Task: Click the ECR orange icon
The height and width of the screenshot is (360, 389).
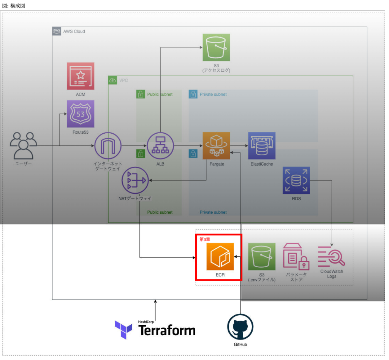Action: pos(220,257)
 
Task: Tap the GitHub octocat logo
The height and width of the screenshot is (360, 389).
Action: pos(240,327)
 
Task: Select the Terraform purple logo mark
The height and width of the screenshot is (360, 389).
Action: pos(123,329)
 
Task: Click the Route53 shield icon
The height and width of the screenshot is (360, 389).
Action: pos(81,114)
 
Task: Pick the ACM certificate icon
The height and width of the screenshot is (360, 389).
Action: pos(81,76)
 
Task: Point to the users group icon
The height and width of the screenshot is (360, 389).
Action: pos(24,145)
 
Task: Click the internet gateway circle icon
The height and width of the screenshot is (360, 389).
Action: pos(108,146)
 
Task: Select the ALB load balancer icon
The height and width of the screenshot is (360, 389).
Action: pos(160,146)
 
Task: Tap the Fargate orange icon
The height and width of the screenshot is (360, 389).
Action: pos(216,146)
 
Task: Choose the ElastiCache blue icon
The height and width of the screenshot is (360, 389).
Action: pos(262,146)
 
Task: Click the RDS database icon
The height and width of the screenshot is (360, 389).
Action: pos(296,180)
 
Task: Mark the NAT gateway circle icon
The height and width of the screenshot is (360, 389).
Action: pos(135,180)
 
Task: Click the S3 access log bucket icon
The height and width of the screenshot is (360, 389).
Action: pos(216,47)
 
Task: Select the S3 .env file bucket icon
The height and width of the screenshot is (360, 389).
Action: pos(262,257)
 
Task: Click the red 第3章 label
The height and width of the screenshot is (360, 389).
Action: pos(205,240)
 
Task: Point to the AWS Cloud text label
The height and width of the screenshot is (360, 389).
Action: pos(74,32)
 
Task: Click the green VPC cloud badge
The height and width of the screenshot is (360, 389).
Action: pos(113,80)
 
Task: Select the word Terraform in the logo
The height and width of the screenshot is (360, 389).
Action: pos(167,330)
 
